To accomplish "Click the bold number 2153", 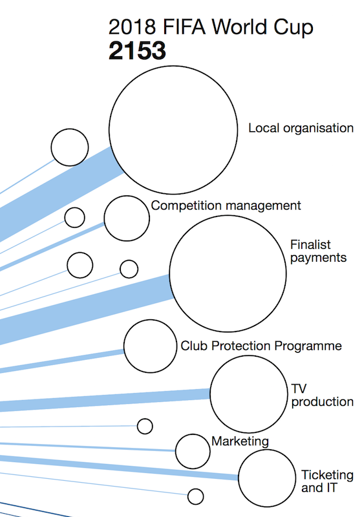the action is (137, 51).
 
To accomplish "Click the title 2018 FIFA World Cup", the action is (211, 26).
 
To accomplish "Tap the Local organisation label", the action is (301, 128).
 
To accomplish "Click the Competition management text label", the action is (226, 206).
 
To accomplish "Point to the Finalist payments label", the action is (318, 251).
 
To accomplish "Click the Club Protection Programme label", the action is (261, 346).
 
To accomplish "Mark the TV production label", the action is (322, 396).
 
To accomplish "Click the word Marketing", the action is (240, 441).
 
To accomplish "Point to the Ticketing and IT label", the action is (327, 481).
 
